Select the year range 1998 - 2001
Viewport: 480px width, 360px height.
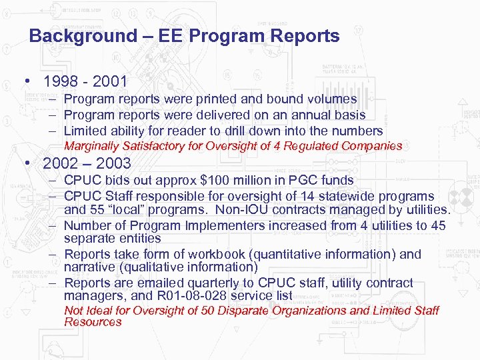pos(85,83)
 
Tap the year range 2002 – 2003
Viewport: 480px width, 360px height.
pos(87,163)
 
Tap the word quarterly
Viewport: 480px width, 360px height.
pos(222,283)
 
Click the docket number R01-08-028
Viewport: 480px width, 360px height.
pos(203,295)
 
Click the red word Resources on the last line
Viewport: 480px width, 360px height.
pos(93,322)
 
